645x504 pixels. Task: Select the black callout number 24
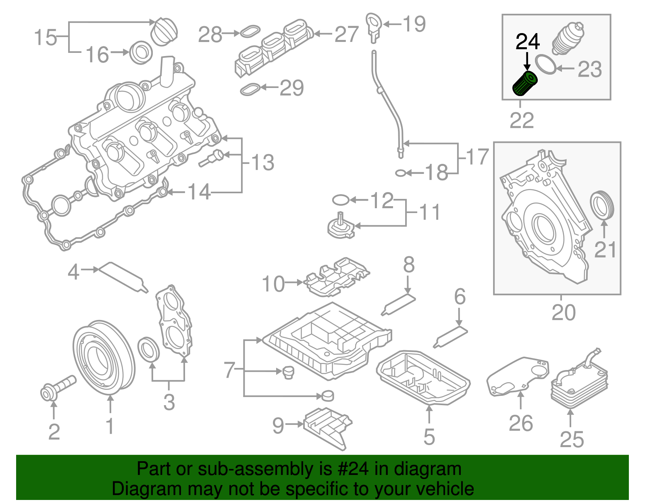coord(528,42)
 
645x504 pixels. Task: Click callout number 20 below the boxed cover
coord(563,313)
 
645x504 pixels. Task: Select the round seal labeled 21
coord(602,206)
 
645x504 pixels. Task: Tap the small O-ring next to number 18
coord(400,173)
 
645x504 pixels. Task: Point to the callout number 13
coord(262,163)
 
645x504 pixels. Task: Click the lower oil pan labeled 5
coord(423,377)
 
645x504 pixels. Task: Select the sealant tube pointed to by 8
coord(398,304)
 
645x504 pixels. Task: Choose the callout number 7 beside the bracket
coord(229,369)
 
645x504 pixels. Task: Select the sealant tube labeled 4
coord(123,276)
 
